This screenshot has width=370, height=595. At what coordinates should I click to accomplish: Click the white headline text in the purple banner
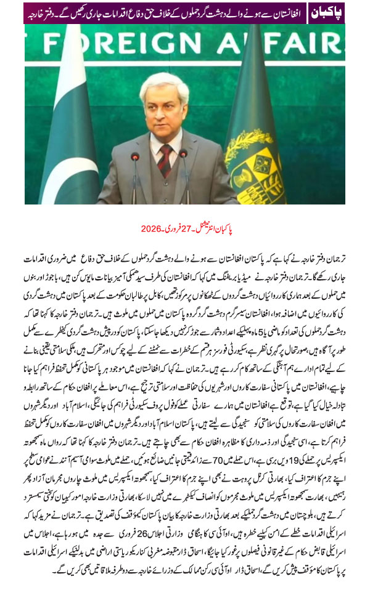click(x=166, y=12)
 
